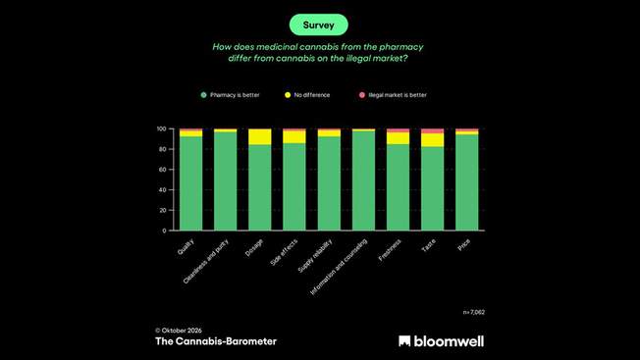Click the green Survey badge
(x=319, y=25)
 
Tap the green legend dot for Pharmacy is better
(x=203, y=95)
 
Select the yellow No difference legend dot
(x=288, y=95)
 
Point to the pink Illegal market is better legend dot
(x=362, y=95)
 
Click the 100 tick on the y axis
(x=162, y=129)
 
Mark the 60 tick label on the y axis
(x=163, y=170)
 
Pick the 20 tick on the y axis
(x=163, y=210)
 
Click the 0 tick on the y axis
(x=165, y=231)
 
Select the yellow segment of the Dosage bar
(x=259, y=137)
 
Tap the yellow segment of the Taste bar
(x=432, y=140)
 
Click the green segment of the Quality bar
(x=191, y=183)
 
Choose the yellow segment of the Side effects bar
(x=294, y=137)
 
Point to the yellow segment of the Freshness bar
(x=398, y=138)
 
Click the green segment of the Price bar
(x=467, y=182)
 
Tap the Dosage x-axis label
(x=254, y=248)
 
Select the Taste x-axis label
(x=429, y=245)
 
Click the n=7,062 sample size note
(x=474, y=312)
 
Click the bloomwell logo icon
(x=404, y=341)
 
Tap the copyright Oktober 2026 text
(x=179, y=331)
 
